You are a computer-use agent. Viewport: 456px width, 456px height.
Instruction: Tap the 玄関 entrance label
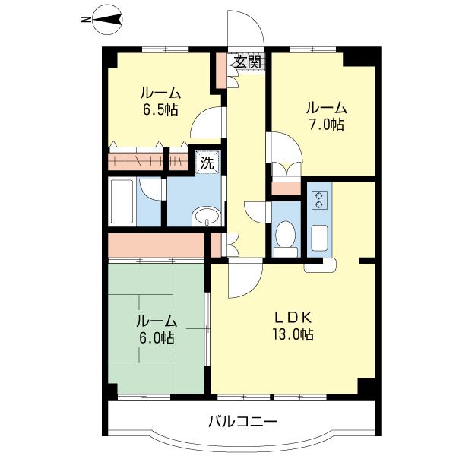tap(248, 62)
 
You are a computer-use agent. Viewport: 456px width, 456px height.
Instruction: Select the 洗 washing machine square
tap(207, 163)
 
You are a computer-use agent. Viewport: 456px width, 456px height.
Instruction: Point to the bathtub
tap(122, 201)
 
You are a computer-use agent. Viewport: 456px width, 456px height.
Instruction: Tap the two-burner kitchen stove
tap(319, 200)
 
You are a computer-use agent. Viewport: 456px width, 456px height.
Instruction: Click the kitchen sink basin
tap(320, 238)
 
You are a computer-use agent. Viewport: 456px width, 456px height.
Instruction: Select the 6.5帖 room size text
tap(160, 109)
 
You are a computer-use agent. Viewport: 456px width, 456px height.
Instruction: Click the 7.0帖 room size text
tap(326, 125)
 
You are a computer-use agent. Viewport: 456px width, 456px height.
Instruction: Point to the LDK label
tap(293, 317)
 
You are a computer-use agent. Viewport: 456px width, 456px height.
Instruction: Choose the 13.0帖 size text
tap(293, 334)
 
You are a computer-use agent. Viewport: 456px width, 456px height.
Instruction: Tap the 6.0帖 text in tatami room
tap(157, 338)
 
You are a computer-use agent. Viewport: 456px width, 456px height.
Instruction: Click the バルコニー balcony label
tap(242, 421)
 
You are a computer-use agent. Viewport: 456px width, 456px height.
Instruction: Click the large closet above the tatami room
tap(156, 245)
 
